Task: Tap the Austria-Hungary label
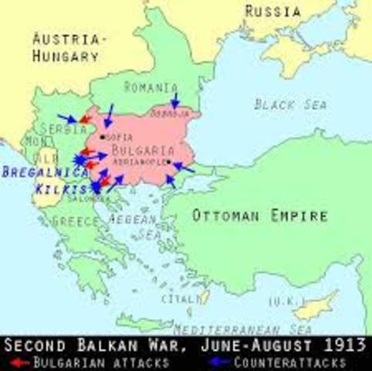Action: coord(66,47)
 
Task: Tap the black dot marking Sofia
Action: coord(103,137)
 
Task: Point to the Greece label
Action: coord(76,222)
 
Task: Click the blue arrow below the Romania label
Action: coord(174,101)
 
